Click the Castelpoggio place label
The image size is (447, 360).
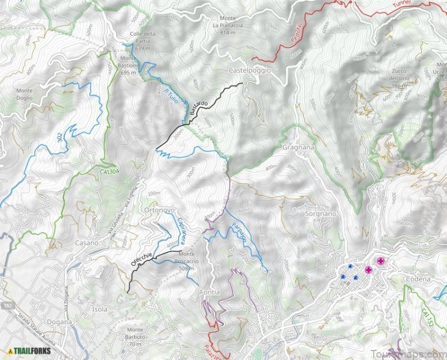click(250, 70)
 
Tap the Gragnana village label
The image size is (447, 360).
click(299, 147)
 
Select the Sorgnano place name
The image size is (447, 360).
click(321, 214)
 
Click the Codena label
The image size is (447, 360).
click(419, 279)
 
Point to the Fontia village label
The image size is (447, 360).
click(209, 292)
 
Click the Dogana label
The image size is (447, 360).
click(59, 322)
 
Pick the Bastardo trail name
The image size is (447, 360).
click(198, 107)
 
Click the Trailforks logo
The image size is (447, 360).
click(28, 351)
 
